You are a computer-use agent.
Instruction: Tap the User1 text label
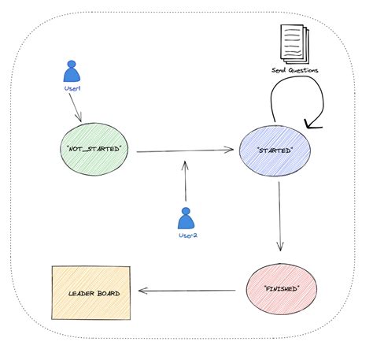coord(72,89)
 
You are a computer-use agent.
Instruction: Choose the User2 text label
coord(186,234)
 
